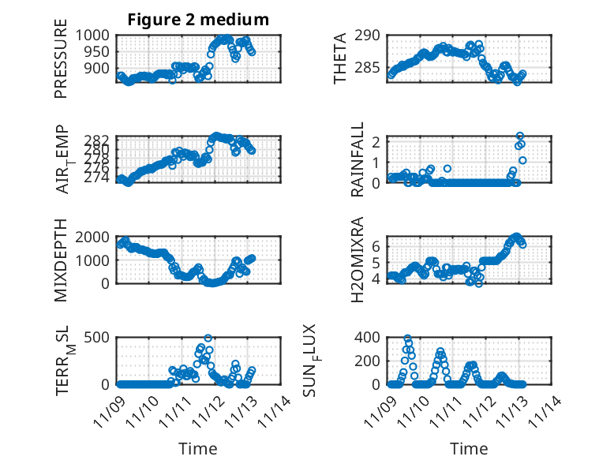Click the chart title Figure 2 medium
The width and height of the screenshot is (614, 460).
coord(198,20)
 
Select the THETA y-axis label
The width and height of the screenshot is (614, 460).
coord(339,58)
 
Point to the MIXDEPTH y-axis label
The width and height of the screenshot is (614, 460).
coord(61,260)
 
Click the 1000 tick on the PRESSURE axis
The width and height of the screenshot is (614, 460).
coord(98,36)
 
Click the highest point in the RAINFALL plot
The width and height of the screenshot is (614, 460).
coord(520,136)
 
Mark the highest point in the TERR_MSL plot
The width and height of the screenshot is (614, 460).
coord(208,338)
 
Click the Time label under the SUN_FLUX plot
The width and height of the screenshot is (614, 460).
coord(469,448)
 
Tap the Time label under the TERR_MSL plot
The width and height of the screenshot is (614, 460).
coord(198,448)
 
